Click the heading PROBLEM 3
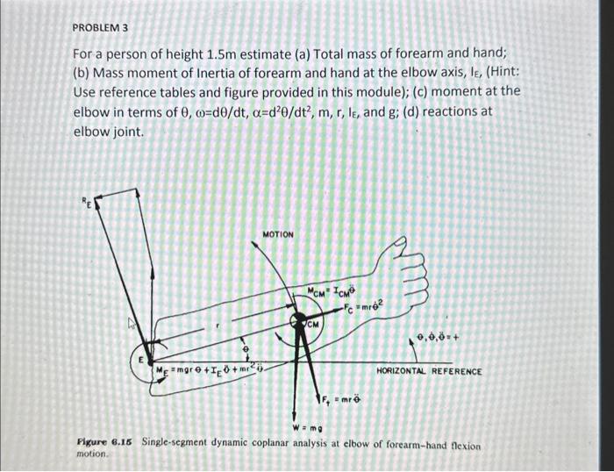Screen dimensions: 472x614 tap(100, 28)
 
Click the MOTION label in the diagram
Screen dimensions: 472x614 tap(278, 234)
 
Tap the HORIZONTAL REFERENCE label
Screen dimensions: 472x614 tap(429, 371)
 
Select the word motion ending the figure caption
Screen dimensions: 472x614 tap(91, 455)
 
